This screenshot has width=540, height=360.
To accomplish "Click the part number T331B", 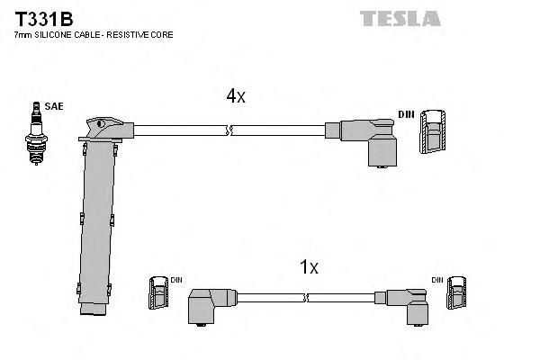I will click(x=40, y=17).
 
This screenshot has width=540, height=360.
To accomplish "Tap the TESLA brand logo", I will click(x=400, y=18).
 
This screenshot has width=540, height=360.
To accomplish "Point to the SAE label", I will click(x=54, y=107).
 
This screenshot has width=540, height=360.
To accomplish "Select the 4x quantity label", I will click(x=235, y=97).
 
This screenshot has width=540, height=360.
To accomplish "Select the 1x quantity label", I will click(x=310, y=267).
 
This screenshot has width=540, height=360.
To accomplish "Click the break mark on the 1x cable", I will click(x=306, y=297).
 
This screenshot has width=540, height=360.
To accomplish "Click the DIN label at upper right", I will click(x=406, y=114).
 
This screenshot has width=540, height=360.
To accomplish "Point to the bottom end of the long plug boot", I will click(x=93, y=310).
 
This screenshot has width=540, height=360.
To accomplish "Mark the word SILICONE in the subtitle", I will click(x=51, y=34).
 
